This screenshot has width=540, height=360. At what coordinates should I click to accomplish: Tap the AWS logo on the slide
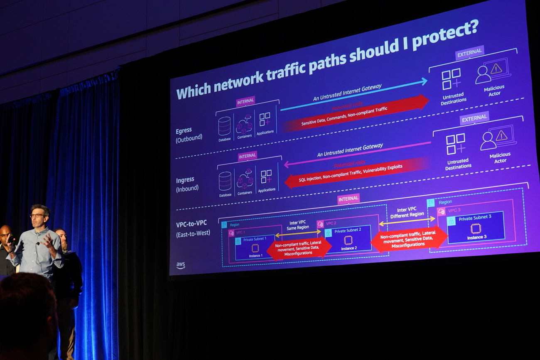tap(180, 265)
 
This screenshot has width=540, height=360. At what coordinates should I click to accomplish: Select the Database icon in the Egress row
tap(224, 126)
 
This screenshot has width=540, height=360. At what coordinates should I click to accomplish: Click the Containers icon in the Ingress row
tap(245, 180)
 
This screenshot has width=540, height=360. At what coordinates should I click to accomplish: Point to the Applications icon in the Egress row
tap(265, 119)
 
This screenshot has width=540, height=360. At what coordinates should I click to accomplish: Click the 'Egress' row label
tap(184, 131)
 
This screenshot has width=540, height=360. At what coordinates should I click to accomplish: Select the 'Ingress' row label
tap(185, 180)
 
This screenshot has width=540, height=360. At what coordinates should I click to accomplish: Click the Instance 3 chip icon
tap(476, 228)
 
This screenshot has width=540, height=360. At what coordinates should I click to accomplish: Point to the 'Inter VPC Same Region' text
tap(298, 225)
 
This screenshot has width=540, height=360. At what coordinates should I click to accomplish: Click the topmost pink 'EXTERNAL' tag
tap(470, 52)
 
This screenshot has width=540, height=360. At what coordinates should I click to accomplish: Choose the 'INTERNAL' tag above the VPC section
tap(348, 198)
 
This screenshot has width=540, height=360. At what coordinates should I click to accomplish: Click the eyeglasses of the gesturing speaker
tap(37, 215)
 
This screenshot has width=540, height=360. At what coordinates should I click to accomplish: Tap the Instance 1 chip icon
tap(255, 248)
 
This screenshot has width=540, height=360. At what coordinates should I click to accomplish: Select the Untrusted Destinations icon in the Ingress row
tap(456, 144)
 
